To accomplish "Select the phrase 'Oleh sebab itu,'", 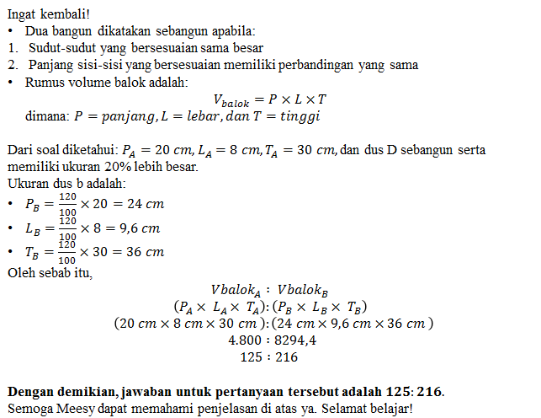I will coord(50,273).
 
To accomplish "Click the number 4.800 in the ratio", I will coord(247,340).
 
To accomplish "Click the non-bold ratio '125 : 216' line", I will coord(269,356).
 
